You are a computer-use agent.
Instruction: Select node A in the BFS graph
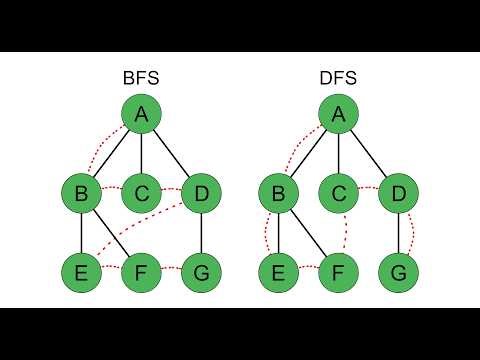click(141, 116)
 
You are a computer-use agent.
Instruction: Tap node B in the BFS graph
click(81, 193)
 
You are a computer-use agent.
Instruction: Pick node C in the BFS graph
click(142, 193)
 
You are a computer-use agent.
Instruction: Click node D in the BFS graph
click(201, 193)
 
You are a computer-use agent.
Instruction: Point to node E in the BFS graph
click(81, 270)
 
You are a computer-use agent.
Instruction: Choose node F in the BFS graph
click(142, 270)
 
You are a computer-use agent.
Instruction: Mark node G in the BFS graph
click(201, 270)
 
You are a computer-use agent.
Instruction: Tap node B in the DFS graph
click(280, 193)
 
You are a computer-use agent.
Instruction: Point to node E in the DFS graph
click(280, 270)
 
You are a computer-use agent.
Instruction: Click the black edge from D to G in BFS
click(201, 232)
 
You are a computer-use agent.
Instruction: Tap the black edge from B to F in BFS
click(112, 232)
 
